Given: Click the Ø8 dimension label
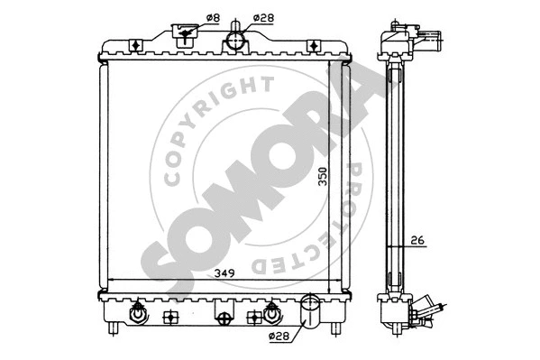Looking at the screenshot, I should coord(212,17).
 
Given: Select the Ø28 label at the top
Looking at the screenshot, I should coord(263,17).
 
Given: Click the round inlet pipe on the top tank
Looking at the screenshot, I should coord(236,40).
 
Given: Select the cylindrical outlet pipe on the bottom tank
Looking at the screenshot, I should coord(309,310).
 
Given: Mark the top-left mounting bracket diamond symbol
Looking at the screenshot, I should coord(134,46).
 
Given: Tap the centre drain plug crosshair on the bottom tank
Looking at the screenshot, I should coord(223,316).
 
